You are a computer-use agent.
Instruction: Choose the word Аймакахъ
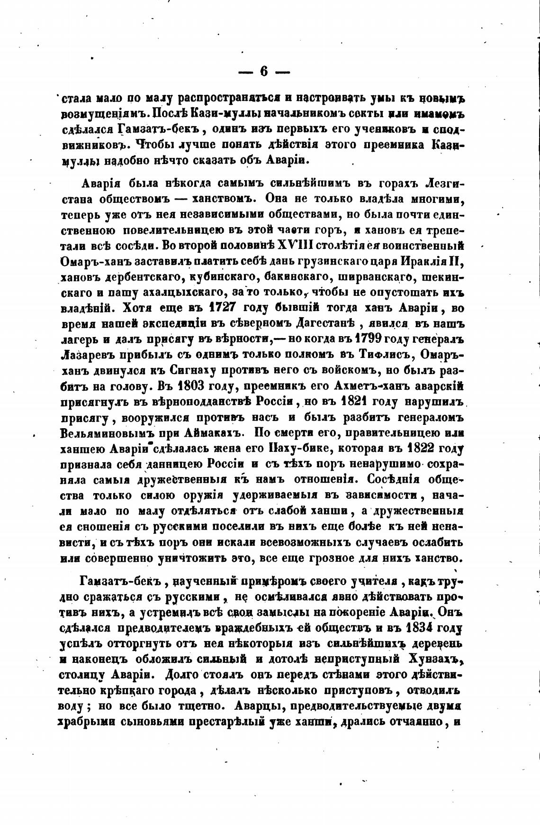(217, 433)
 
